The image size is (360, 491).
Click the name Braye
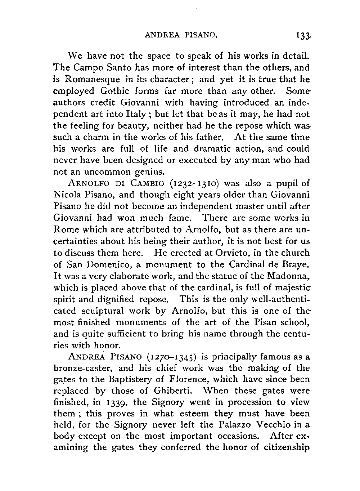pyautogui.click(x=294, y=264)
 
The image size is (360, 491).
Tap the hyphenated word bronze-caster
pyautogui.click(x=82, y=369)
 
